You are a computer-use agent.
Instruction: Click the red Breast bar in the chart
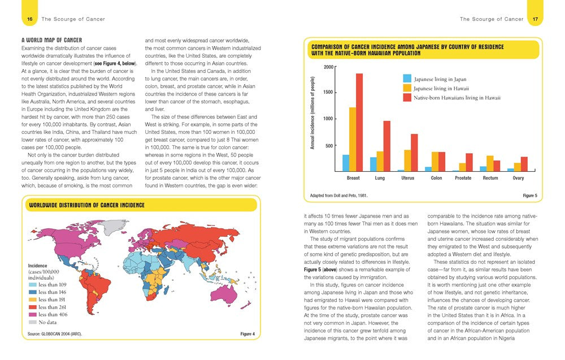point(359,122)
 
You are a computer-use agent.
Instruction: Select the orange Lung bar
point(380,161)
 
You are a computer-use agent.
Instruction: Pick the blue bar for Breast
point(346,163)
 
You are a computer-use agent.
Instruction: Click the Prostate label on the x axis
point(463,178)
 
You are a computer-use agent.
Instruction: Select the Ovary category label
point(518,178)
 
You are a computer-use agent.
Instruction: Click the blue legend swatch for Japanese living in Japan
point(407,79)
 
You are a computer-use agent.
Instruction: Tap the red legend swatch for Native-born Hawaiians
point(407,98)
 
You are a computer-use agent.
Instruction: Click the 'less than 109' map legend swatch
point(33,285)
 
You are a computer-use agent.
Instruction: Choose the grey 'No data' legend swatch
point(33,322)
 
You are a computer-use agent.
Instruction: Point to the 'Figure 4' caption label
point(247,334)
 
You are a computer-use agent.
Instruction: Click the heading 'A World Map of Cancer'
point(51,40)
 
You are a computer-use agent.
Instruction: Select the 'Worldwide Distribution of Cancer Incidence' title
point(86,205)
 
